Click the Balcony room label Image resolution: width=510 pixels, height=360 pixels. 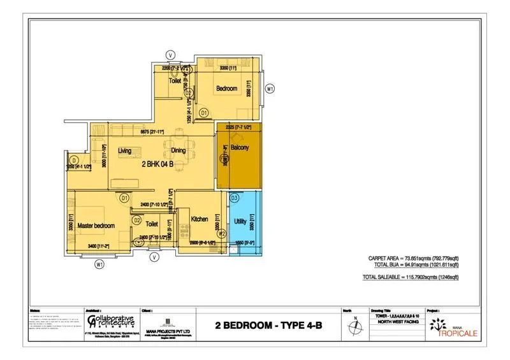[240, 148]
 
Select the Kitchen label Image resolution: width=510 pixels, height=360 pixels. [200, 219]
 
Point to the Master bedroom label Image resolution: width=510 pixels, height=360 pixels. [96, 226]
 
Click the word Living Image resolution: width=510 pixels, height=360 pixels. [124, 150]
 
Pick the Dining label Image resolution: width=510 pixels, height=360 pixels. [180, 150]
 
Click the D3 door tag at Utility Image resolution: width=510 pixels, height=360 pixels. [234, 199]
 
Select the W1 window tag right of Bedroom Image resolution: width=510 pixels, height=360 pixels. [270, 89]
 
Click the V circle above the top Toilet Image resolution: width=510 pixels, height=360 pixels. [170, 54]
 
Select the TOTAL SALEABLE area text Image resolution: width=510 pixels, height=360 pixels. [411, 277]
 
